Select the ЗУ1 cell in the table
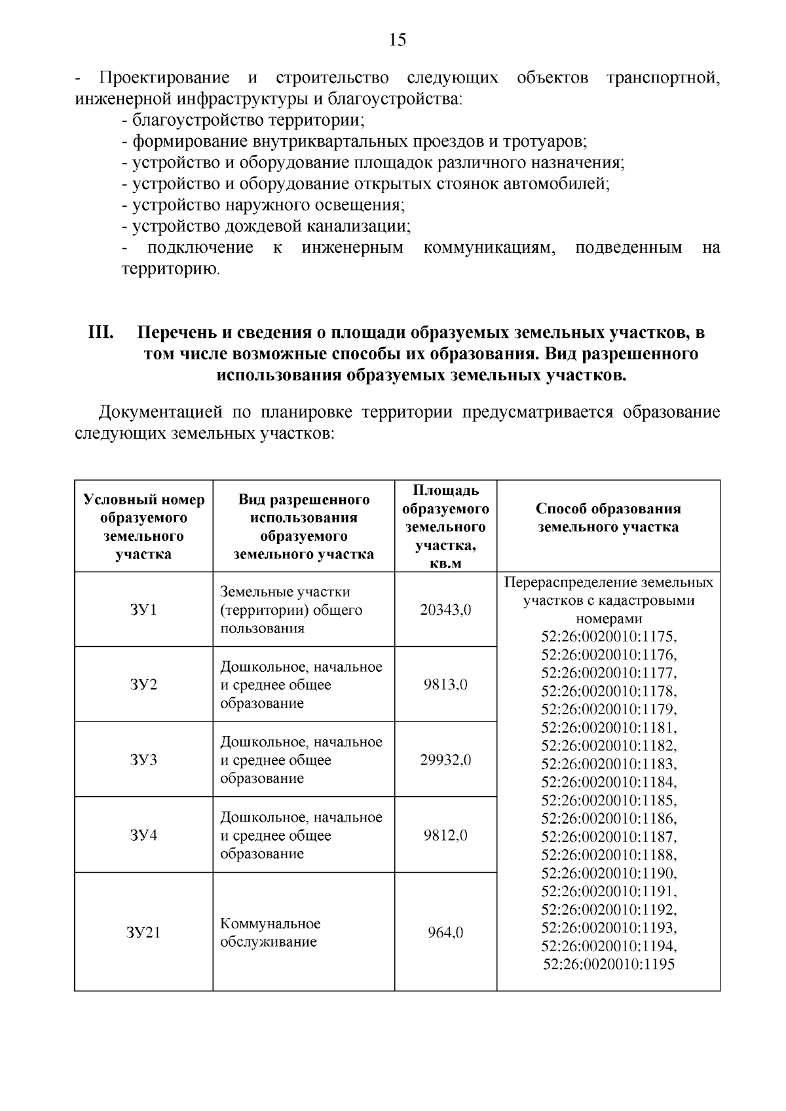[x=143, y=610]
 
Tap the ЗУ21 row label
[x=143, y=933]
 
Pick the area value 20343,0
[x=445, y=610]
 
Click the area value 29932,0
[x=445, y=760]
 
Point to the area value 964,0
[x=445, y=933]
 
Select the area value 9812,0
[x=445, y=835]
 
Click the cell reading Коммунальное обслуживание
[x=270, y=933]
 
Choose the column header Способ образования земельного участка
[x=608, y=518]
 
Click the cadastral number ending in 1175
[x=608, y=637]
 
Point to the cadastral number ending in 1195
[x=608, y=964]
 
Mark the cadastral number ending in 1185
[x=608, y=801]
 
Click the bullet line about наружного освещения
[x=263, y=206]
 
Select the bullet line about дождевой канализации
[x=266, y=227]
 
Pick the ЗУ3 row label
[x=143, y=760]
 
